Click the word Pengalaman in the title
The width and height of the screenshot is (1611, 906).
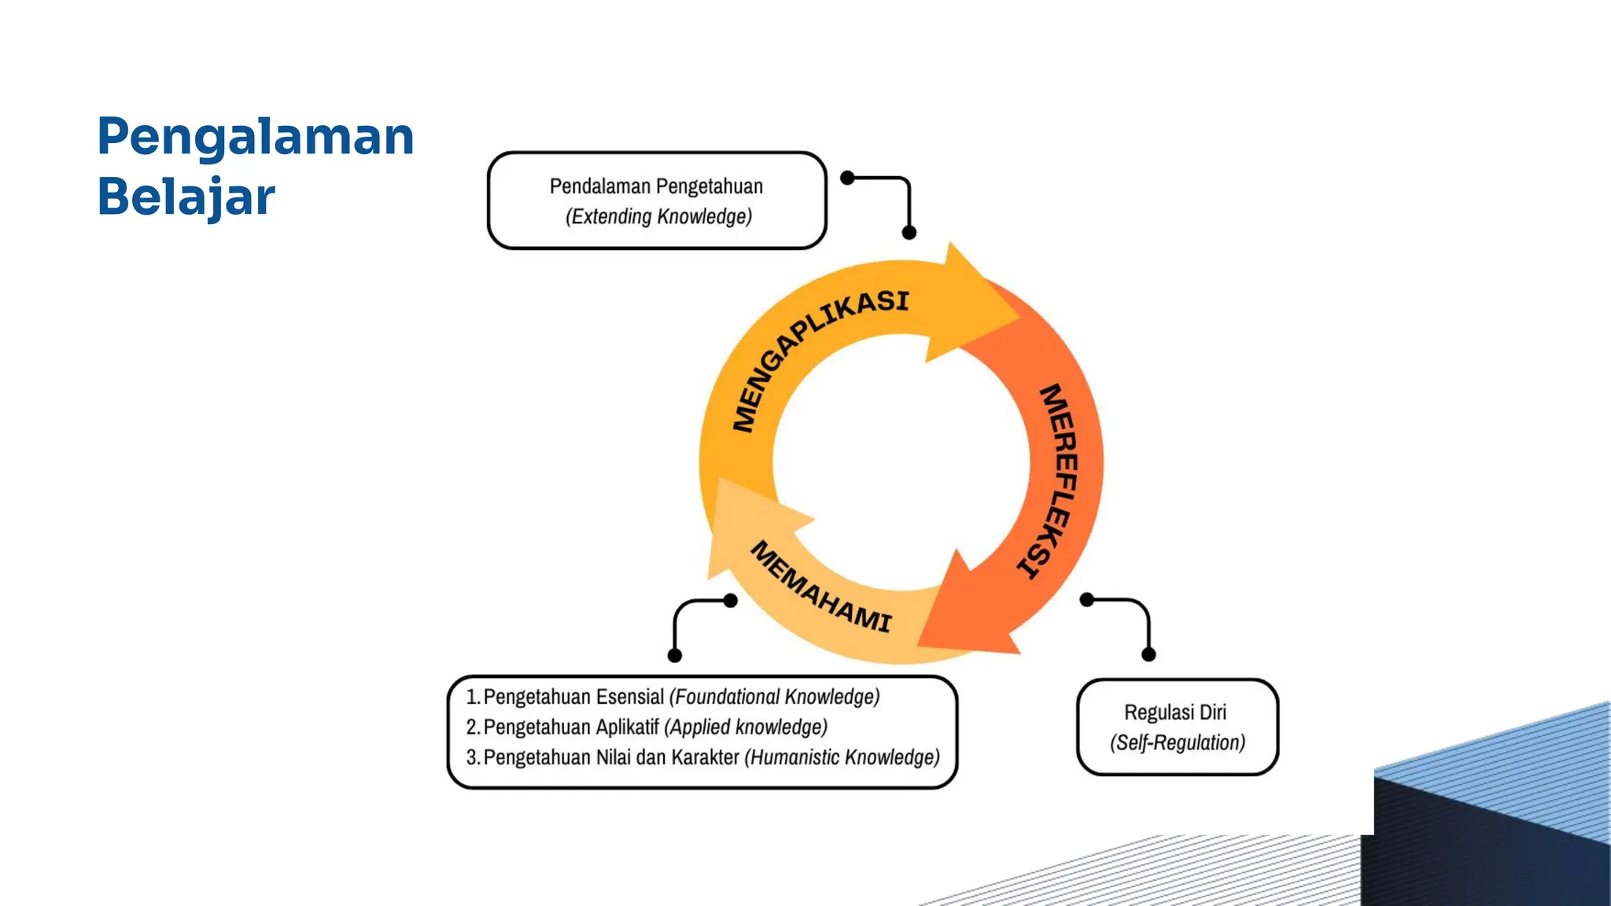[x=256, y=137]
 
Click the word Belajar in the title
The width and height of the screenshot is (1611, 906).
[x=186, y=197]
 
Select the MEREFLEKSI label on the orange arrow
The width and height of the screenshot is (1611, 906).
[x=1052, y=480]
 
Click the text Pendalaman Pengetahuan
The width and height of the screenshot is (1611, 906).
[x=656, y=186]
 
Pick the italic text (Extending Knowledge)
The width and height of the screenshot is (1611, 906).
[x=658, y=216]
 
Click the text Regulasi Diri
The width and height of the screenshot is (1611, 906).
[x=1175, y=713]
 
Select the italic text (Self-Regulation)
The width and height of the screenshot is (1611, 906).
[x=1178, y=742]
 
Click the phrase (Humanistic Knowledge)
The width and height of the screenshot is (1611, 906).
[x=842, y=757]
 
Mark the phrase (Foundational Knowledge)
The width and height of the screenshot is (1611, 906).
[x=774, y=697]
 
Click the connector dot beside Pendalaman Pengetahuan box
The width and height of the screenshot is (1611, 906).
[x=847, y=178]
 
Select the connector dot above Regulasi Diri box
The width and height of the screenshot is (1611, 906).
[x=1148, y=654]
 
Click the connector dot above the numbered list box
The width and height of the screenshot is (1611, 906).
[x=674, y=655]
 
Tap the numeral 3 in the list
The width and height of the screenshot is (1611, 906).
[x=472, y=757]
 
